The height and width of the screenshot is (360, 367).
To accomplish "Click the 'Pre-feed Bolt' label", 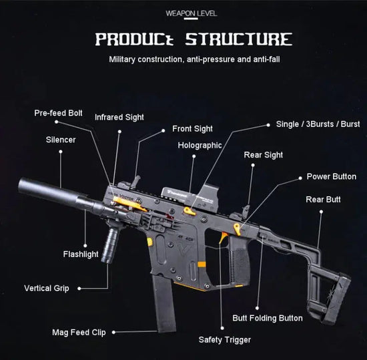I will (58, 113).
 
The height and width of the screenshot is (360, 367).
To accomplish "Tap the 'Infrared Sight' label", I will (119, 117).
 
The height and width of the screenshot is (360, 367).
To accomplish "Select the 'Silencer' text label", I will (61, 140).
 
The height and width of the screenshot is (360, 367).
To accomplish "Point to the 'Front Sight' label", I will (192, 128).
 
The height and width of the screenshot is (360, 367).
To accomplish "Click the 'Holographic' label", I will (200, 145).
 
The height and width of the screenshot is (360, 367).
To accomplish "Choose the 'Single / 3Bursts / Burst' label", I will (318, 124).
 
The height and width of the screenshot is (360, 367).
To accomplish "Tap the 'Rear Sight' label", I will (263, 155).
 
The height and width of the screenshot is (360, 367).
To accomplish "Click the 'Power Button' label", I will (331, 177).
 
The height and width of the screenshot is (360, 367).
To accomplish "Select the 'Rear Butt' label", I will (323, 199).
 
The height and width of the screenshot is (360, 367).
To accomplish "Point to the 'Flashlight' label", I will (81, 254).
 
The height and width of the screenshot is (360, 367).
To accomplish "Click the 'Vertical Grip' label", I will (47, 289).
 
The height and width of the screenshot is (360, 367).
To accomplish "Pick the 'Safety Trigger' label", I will (224, 340).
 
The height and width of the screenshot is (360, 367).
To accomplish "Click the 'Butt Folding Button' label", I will (267, 318).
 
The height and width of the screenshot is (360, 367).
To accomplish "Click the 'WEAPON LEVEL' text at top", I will (190, 13).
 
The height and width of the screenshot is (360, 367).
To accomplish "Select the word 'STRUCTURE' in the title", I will (238, 39).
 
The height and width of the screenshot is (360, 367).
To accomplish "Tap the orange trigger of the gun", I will (224, 238).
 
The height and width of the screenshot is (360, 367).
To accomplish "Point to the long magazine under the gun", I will (164, 305).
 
